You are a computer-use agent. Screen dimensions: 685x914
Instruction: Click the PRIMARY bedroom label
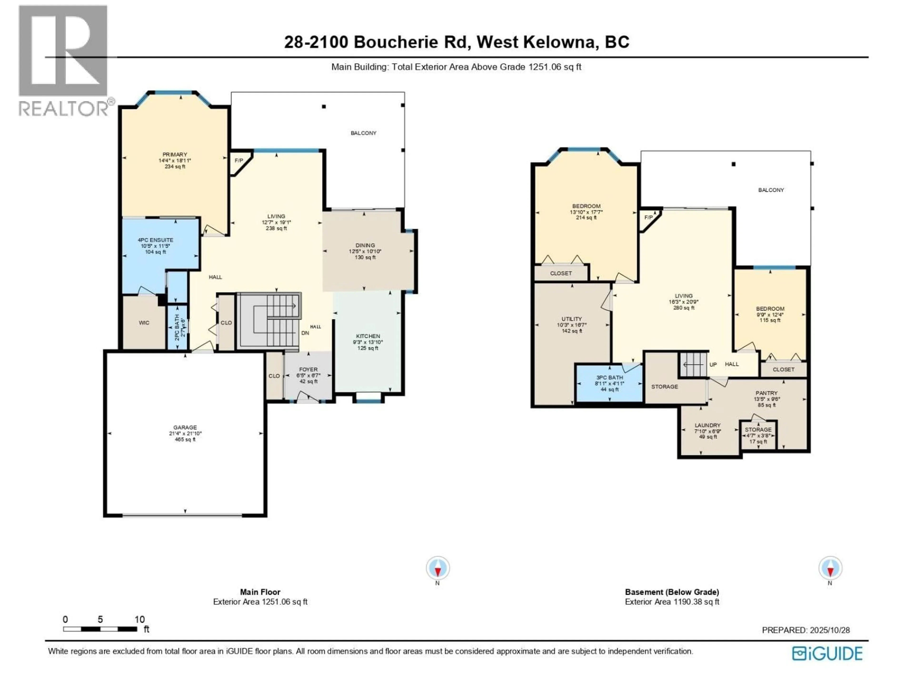tap(175, 154)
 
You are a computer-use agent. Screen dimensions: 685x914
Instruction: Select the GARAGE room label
tap(185, 427)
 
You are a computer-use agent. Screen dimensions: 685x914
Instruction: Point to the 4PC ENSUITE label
tap(155, 240)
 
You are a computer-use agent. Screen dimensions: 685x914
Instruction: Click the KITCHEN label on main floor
tap(368, 336)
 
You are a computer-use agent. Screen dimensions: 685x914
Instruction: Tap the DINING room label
tap(365, 245)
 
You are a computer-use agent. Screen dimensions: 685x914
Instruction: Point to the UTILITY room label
tap(571, 319)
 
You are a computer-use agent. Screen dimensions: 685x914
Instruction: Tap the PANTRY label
tap(766, 393)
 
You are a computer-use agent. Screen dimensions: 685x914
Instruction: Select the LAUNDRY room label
tap(707, 425)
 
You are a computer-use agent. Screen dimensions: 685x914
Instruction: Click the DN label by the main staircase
tap(305, 333)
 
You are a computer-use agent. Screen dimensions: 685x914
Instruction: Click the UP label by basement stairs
tap(713, 365)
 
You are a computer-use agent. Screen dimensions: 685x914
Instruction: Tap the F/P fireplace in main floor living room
tap(239, 161)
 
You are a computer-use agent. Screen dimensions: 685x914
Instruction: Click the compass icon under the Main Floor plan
tap(437, 568)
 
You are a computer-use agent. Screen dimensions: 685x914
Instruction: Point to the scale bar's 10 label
tap(140, 619)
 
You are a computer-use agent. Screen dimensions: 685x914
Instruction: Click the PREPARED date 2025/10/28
tap(827, 630)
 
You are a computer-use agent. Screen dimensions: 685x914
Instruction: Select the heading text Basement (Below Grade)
tap(672, 592)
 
